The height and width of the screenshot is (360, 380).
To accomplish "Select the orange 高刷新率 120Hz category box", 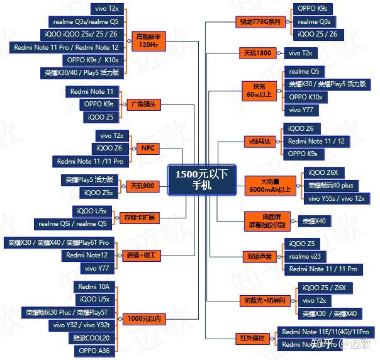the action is pyautogui.click(x=148, y=41).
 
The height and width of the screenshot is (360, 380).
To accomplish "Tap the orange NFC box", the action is pyautogui.click(x=148, y=149).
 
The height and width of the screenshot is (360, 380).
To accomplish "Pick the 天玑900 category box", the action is pyautogui.click(x=143, y=186).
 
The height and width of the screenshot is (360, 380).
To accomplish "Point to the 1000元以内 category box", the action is pyautogui.click(x=142, y=319).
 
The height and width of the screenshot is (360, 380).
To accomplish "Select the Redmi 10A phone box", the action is pyautogui.click(x=94, y=286).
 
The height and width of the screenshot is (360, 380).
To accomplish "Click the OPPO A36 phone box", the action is pyautogui.click(x=94, y=351).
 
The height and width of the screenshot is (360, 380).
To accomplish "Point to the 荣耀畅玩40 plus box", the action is pyautogui.click(x=331, y=186).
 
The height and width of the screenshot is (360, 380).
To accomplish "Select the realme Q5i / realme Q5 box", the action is pyautogui.click(x=73, y=223).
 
